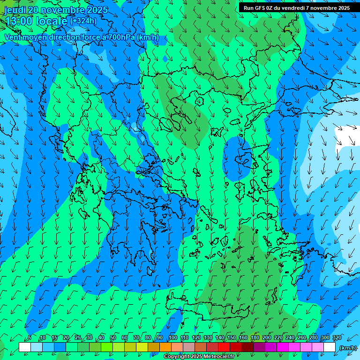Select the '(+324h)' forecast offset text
83,21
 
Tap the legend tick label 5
30,338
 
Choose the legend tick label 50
113,338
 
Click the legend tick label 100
173,338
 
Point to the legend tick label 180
255,338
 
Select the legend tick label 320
337,338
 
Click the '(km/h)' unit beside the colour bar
347,347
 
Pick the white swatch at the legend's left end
25,347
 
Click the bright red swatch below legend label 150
224,347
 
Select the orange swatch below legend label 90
165,347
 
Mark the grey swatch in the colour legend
189,347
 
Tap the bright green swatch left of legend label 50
107,347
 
